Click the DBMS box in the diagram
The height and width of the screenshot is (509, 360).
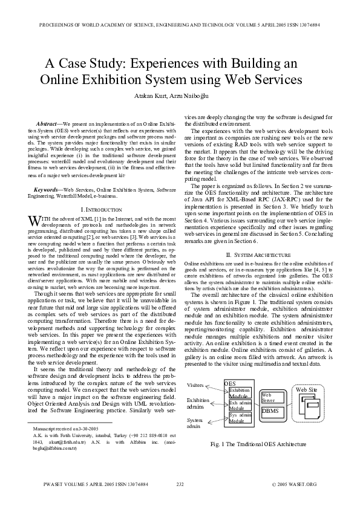269,411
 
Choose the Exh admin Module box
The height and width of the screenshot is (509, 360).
240,405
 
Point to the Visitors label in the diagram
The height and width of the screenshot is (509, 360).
195,385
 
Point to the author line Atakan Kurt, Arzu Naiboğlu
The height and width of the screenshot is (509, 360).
180,97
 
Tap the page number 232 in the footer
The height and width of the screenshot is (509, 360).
180,484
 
